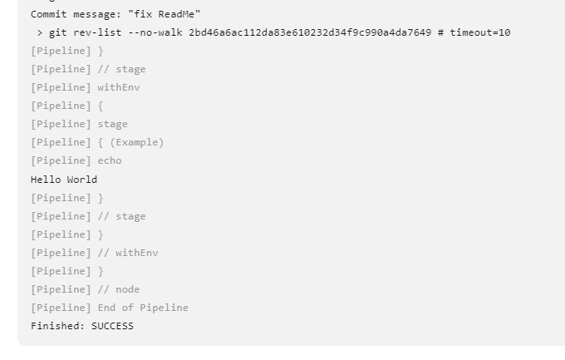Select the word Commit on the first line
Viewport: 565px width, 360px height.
click(x=48, y=14)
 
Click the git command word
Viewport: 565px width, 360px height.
click(x=57, y=32)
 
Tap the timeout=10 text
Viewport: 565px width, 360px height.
click(x=480, y=32)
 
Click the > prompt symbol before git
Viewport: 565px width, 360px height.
click(x=39, y=32)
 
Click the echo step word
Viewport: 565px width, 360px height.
click(x=110, y=160)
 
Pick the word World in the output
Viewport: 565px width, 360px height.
click(x=82, y=179)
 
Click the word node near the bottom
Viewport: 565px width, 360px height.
click(x=128, y=289)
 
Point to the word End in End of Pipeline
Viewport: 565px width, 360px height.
click(x=106, y=308)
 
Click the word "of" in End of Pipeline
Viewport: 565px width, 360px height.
click(x=128, y=308)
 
